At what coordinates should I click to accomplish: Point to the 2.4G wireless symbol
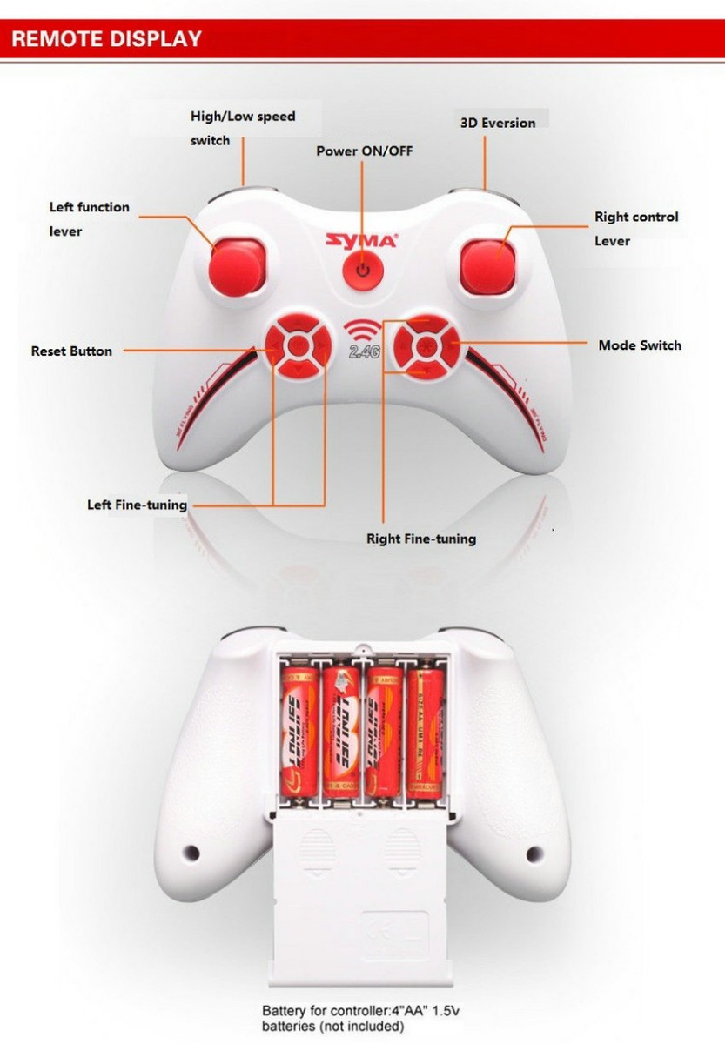pos(362,340)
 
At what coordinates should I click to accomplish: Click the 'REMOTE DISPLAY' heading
pos(106,38)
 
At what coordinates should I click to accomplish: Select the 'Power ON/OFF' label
pos(364,151)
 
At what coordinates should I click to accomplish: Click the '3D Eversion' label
pos(498,123)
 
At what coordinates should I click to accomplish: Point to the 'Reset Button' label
pos(71,351)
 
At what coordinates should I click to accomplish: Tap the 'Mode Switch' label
pos(640,345)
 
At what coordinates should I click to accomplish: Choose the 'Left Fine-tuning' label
pos(137,505)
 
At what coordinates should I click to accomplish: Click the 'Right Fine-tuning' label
pos(421,539)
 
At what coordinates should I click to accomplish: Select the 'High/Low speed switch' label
pos(243,128)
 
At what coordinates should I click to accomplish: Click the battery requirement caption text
pos(359,1019)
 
